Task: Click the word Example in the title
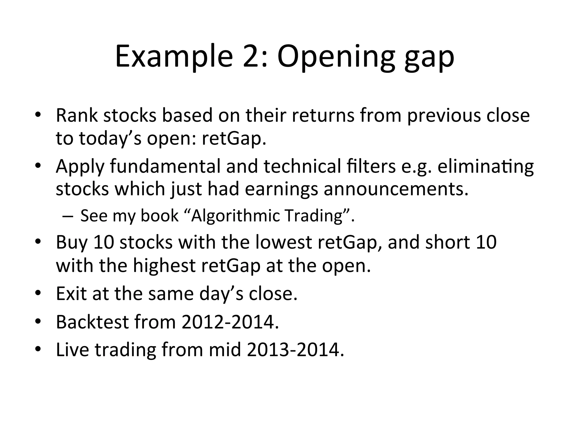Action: [x=174, y=57]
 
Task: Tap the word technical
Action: [x=302, y=166]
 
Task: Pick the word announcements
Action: [x=396, y=189]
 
